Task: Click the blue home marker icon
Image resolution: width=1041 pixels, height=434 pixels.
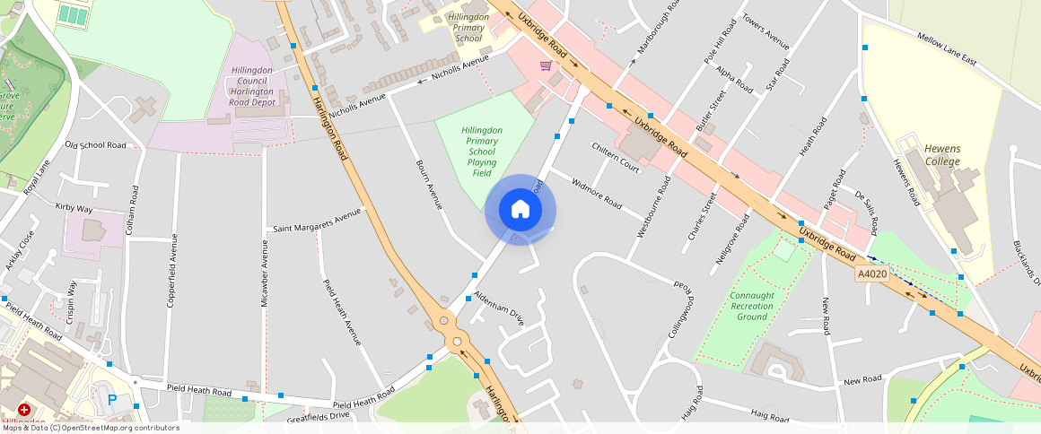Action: (x=520, y=210)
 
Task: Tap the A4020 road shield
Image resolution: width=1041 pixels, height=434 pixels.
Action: (x=871, y=273)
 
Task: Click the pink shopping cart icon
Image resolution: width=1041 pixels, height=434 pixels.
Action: (x=546, y=65)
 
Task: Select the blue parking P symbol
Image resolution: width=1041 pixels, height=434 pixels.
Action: (x=112, y=400)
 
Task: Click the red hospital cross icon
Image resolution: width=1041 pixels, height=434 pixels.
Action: (x=23, y=409)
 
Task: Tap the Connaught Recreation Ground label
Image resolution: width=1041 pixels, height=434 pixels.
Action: (x=752, y=306)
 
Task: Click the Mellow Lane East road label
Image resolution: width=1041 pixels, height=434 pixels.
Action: (x=946, y=49)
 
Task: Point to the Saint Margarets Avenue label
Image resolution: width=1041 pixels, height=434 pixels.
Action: (x=317, y=221)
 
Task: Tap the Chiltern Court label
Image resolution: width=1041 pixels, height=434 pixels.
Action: (x=616, y=158)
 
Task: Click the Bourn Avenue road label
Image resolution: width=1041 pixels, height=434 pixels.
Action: (x=429, y=185)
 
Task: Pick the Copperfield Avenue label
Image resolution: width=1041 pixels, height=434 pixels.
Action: (x=171, y=271)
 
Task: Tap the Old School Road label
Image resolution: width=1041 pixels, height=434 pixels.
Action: (x=96, y=144)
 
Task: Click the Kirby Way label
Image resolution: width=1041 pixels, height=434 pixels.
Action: (x=74, y=208)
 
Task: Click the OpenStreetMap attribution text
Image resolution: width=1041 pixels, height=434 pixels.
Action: (x=90, y=428)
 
